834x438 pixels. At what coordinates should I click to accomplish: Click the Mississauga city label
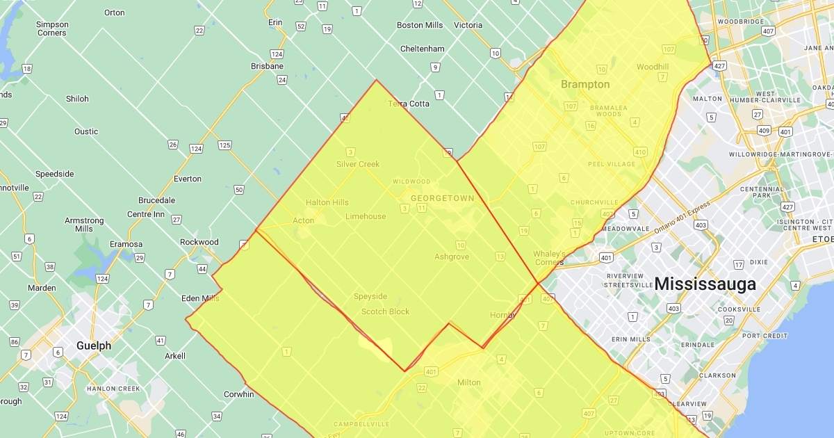click(705, 284)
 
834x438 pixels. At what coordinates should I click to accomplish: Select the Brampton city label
click(585, 85)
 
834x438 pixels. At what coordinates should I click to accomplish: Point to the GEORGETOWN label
click(442, 198)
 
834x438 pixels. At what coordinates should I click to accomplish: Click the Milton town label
click(469, 383)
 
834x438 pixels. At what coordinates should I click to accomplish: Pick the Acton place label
click(303, 220)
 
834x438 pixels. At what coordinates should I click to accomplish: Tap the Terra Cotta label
click(409, 104)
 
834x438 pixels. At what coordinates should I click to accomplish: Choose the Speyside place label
click(370, 296)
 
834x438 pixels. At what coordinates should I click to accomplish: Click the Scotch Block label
click(386, 311)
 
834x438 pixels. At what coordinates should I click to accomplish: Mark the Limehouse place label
click(366, 216)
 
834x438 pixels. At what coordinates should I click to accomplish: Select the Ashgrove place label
click(452, 257)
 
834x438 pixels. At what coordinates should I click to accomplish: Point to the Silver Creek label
click(358, 164)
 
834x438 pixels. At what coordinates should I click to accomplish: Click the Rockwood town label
click(199, 242)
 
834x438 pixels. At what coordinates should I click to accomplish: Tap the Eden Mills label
click(199, 298)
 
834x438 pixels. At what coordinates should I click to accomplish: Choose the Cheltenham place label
click(423, 49)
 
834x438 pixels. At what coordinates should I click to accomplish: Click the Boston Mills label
click(420, 25)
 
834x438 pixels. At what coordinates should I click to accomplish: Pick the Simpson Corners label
click(52, 29)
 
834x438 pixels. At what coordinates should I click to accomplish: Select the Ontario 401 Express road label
click(680, 218)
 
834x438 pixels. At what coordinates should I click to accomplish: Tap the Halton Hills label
click(327, 202)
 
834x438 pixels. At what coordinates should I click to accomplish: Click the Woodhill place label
click(653, 67)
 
